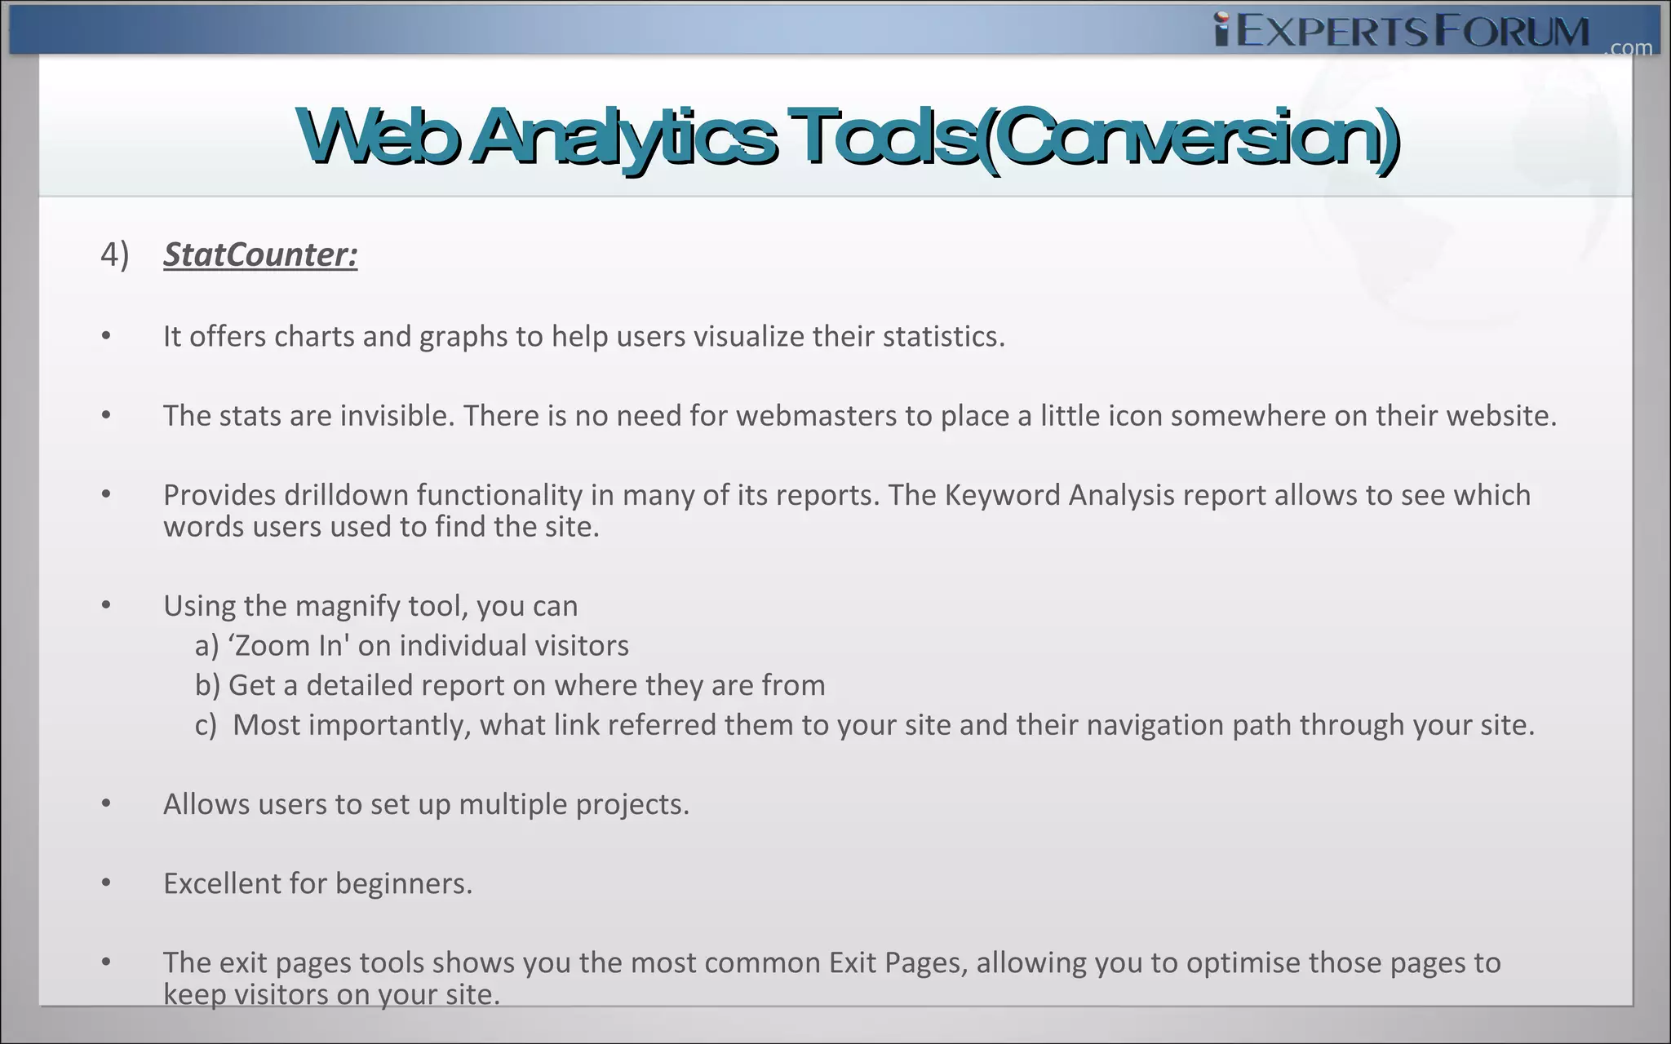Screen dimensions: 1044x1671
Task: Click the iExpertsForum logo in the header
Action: [1402, 31]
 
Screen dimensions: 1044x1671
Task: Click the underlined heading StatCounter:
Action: [260, 254]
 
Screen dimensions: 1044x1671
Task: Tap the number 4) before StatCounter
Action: [114, 254]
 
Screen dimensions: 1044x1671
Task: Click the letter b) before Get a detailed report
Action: [207, 685]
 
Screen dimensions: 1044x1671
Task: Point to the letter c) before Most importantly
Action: [206, 725]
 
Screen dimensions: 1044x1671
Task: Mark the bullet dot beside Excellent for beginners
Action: [106, 883]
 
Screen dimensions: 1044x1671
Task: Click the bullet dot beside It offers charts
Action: [106, 336]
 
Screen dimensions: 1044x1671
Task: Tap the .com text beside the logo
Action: [1628, 48]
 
